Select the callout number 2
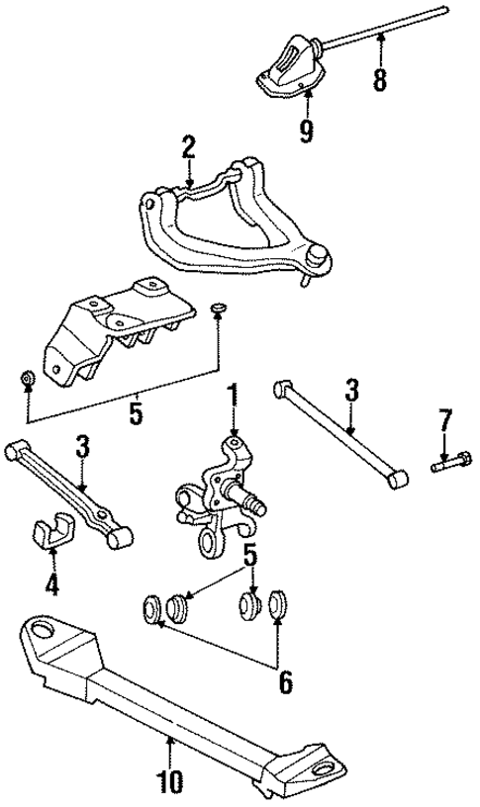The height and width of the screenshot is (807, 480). [188, 149]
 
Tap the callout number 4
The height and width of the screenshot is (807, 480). [51, 584]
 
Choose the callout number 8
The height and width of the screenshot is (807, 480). [380, 77]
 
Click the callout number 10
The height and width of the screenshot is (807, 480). [169, 782]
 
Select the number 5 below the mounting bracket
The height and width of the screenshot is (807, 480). [136, 412]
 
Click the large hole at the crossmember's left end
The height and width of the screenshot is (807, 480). [42, 628]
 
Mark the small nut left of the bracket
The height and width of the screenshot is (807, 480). [29, 379]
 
